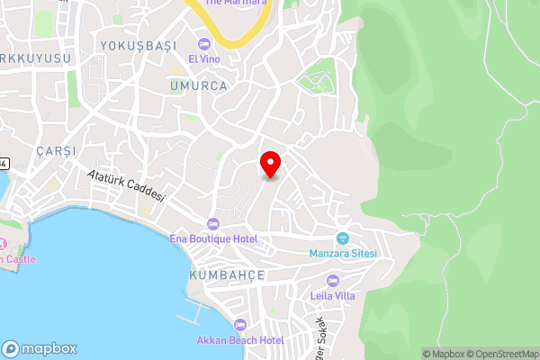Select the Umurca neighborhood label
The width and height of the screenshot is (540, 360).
point(198,85)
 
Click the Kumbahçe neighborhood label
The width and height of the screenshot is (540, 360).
point(227,274)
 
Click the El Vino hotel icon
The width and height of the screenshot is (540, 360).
point(204,44)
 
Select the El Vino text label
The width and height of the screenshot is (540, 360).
point(203,58)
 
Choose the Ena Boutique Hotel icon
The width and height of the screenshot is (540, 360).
point(213,224)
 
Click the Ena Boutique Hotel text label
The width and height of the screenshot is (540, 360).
point(213,238)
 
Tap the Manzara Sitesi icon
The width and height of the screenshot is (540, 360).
point(342,238)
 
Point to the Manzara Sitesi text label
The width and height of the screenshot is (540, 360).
point(343,253)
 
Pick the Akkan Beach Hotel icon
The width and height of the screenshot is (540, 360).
point(239,325)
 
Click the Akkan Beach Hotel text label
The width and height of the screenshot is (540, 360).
point(240,340)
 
